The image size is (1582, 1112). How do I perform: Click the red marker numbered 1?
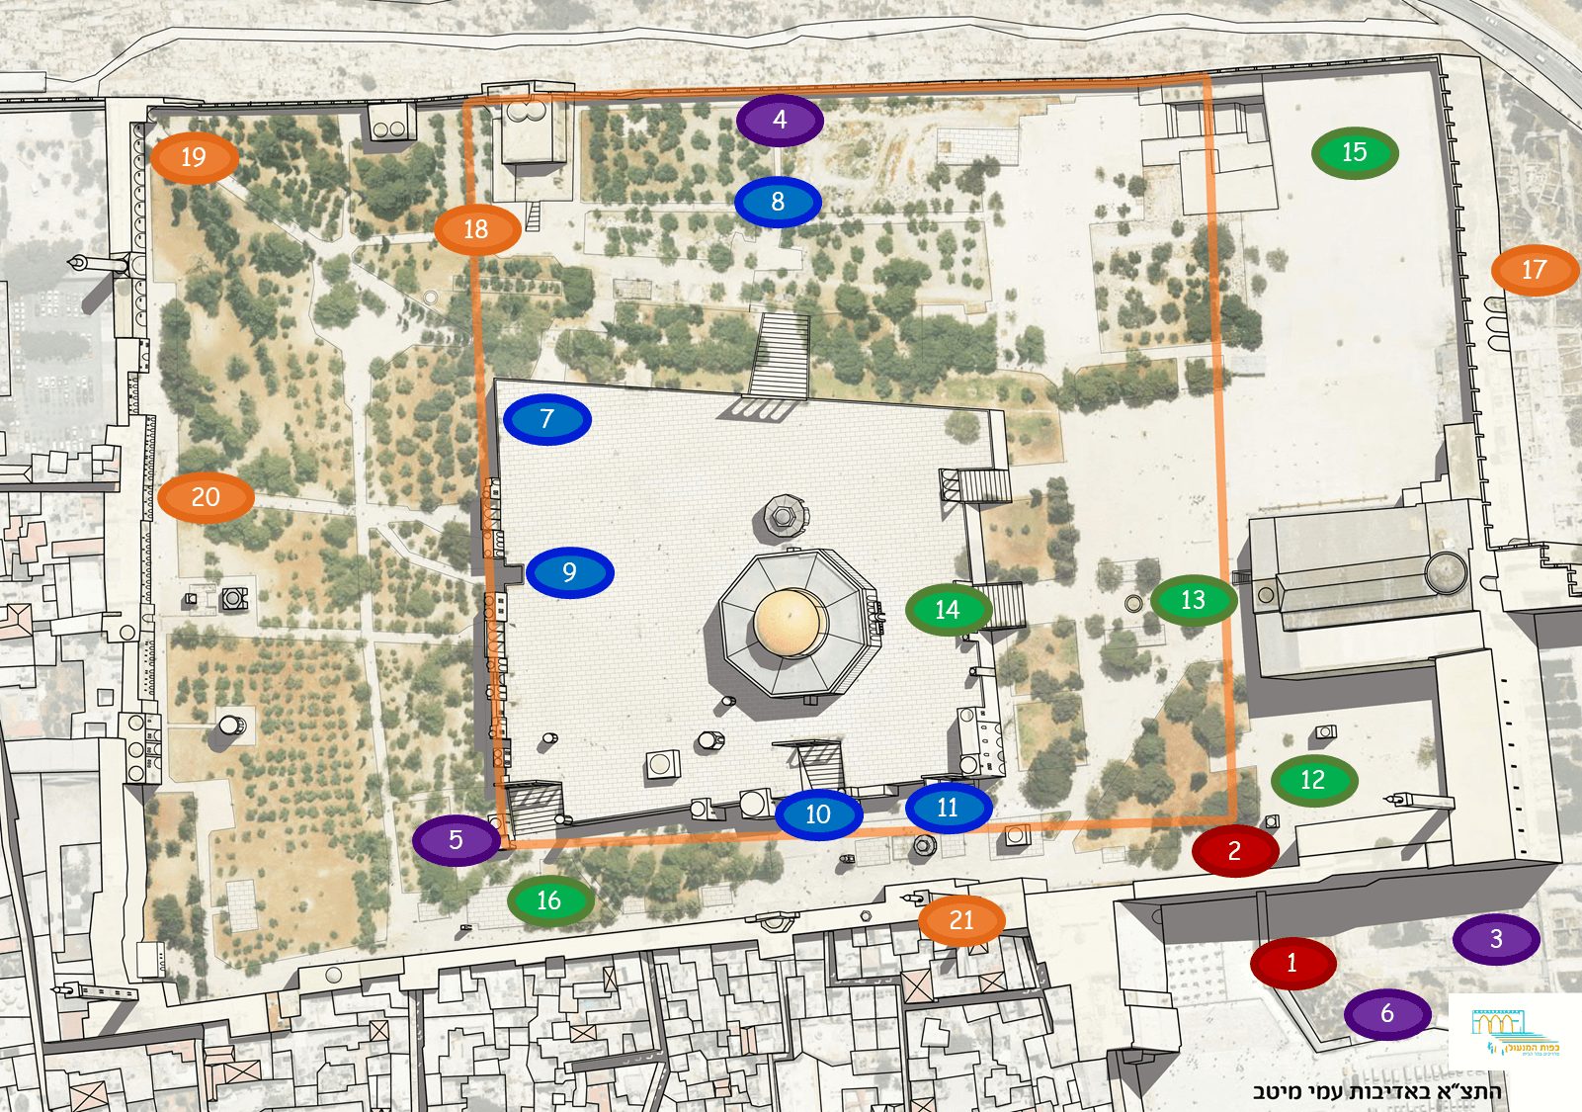click(1292, 962)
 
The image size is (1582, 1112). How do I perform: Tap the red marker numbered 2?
click(1234, 850)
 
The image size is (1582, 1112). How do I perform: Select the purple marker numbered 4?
click(780, 120)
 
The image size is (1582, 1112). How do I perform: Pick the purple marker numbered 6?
click(1387, 1013)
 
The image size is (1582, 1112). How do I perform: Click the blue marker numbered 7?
click(546, 419)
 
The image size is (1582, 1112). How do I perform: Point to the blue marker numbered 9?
click(569, 572)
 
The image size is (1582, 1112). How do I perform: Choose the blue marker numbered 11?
click(948, 808)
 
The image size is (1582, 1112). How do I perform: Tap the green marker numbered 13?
click(1193, 600)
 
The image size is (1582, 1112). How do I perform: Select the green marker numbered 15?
click(1354, 152)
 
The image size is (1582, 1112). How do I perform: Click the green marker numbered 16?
click(549, 900)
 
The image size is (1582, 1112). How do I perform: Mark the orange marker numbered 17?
click(1534, 270)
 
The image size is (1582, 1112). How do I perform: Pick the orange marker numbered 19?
click(194, 157)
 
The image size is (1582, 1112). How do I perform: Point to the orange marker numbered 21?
click(961, 920)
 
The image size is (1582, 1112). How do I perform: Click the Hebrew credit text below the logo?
click(1376, 1091)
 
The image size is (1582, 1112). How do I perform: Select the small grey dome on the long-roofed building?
click(1446, 572)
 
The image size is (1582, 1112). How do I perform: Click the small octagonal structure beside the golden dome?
click(782, 514)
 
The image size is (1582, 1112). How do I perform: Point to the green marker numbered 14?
click(948, 610)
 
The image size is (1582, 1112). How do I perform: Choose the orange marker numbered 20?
click(206, 497)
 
